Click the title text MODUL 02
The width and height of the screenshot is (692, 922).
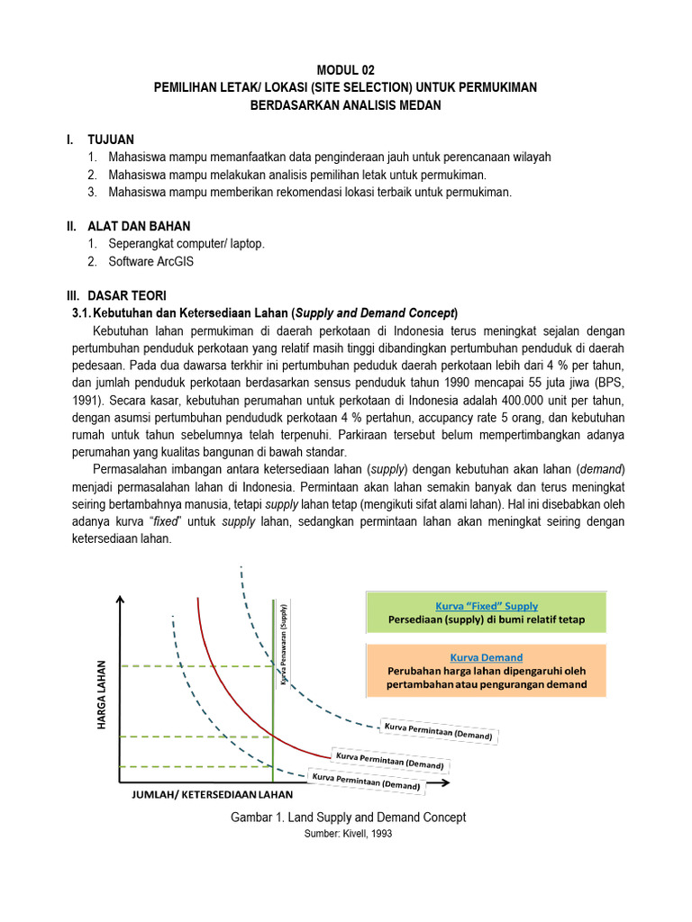[345, 70]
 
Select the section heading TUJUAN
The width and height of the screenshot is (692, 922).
[110, 140]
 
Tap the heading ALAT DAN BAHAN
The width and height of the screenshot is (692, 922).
[138, 226]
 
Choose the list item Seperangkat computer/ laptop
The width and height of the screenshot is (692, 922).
[187, 244]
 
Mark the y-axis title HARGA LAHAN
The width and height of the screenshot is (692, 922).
[101, 696]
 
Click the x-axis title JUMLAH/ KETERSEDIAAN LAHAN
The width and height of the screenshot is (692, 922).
[213, 795]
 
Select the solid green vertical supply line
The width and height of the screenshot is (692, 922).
[273, 720]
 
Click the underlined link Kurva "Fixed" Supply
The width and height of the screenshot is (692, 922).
[487, 606]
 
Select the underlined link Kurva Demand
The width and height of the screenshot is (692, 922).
[487, 657]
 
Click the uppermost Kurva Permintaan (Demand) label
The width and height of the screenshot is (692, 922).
[439, 731]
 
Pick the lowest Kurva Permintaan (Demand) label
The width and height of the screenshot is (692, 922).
[366, 781]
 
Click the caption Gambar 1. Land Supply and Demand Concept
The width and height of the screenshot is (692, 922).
[348, 818]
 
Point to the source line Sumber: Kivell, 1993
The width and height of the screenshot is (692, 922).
[348, 834]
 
